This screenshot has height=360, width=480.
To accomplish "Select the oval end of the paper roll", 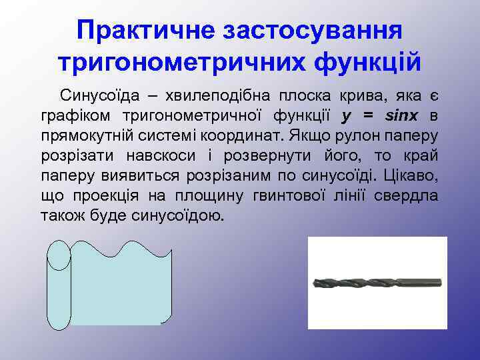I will coord(59,255).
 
